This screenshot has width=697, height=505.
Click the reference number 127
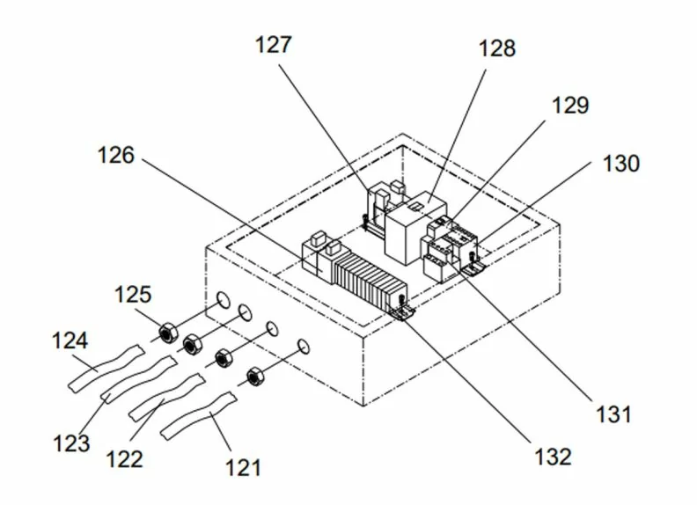(274, 46)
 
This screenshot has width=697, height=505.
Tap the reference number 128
(497, 48)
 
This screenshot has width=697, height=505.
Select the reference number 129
(570, 106)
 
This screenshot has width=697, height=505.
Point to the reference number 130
(621, 164)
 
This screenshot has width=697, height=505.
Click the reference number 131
(613, 414)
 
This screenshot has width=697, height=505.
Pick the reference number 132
(553, 457)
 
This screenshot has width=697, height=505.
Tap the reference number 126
(115, 156)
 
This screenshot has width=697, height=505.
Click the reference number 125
(133, 294)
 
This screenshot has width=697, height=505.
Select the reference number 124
(70, 341)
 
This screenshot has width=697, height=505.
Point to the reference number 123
(71, 443)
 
